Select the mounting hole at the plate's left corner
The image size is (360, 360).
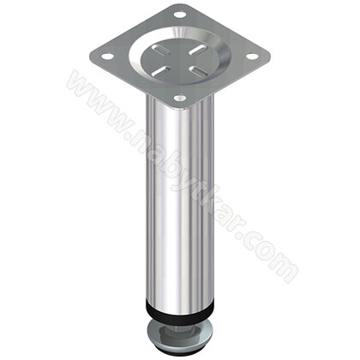point(107,57)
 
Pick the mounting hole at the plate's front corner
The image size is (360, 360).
point(179,99)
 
